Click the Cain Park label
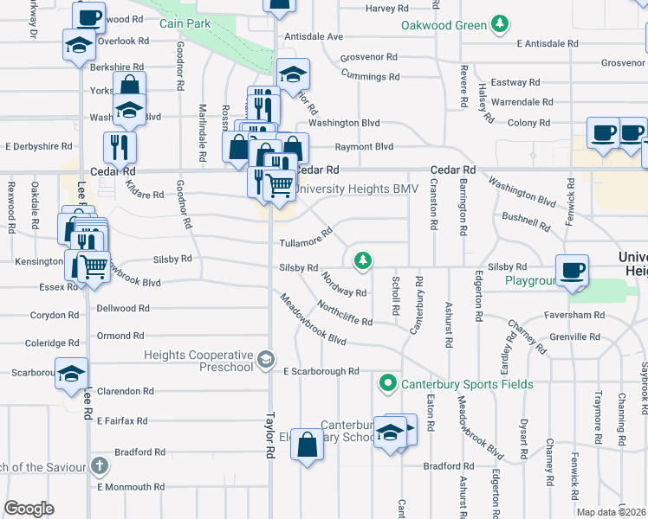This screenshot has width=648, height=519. pos(180,23)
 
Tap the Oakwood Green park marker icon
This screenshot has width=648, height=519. pos(500,25)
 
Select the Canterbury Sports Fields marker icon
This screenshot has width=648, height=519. pos(388,383)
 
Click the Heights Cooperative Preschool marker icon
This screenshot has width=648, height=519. pos(266,358)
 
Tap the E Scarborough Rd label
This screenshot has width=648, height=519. pos(321,371)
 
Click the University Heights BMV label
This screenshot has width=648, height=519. pos(356,189)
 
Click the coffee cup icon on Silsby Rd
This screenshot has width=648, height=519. pos(572,270)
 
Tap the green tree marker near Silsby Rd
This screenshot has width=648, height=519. pos(362,259)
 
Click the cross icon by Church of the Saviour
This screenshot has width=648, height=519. pos(100,467)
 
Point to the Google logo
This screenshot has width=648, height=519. pos(29,509)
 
